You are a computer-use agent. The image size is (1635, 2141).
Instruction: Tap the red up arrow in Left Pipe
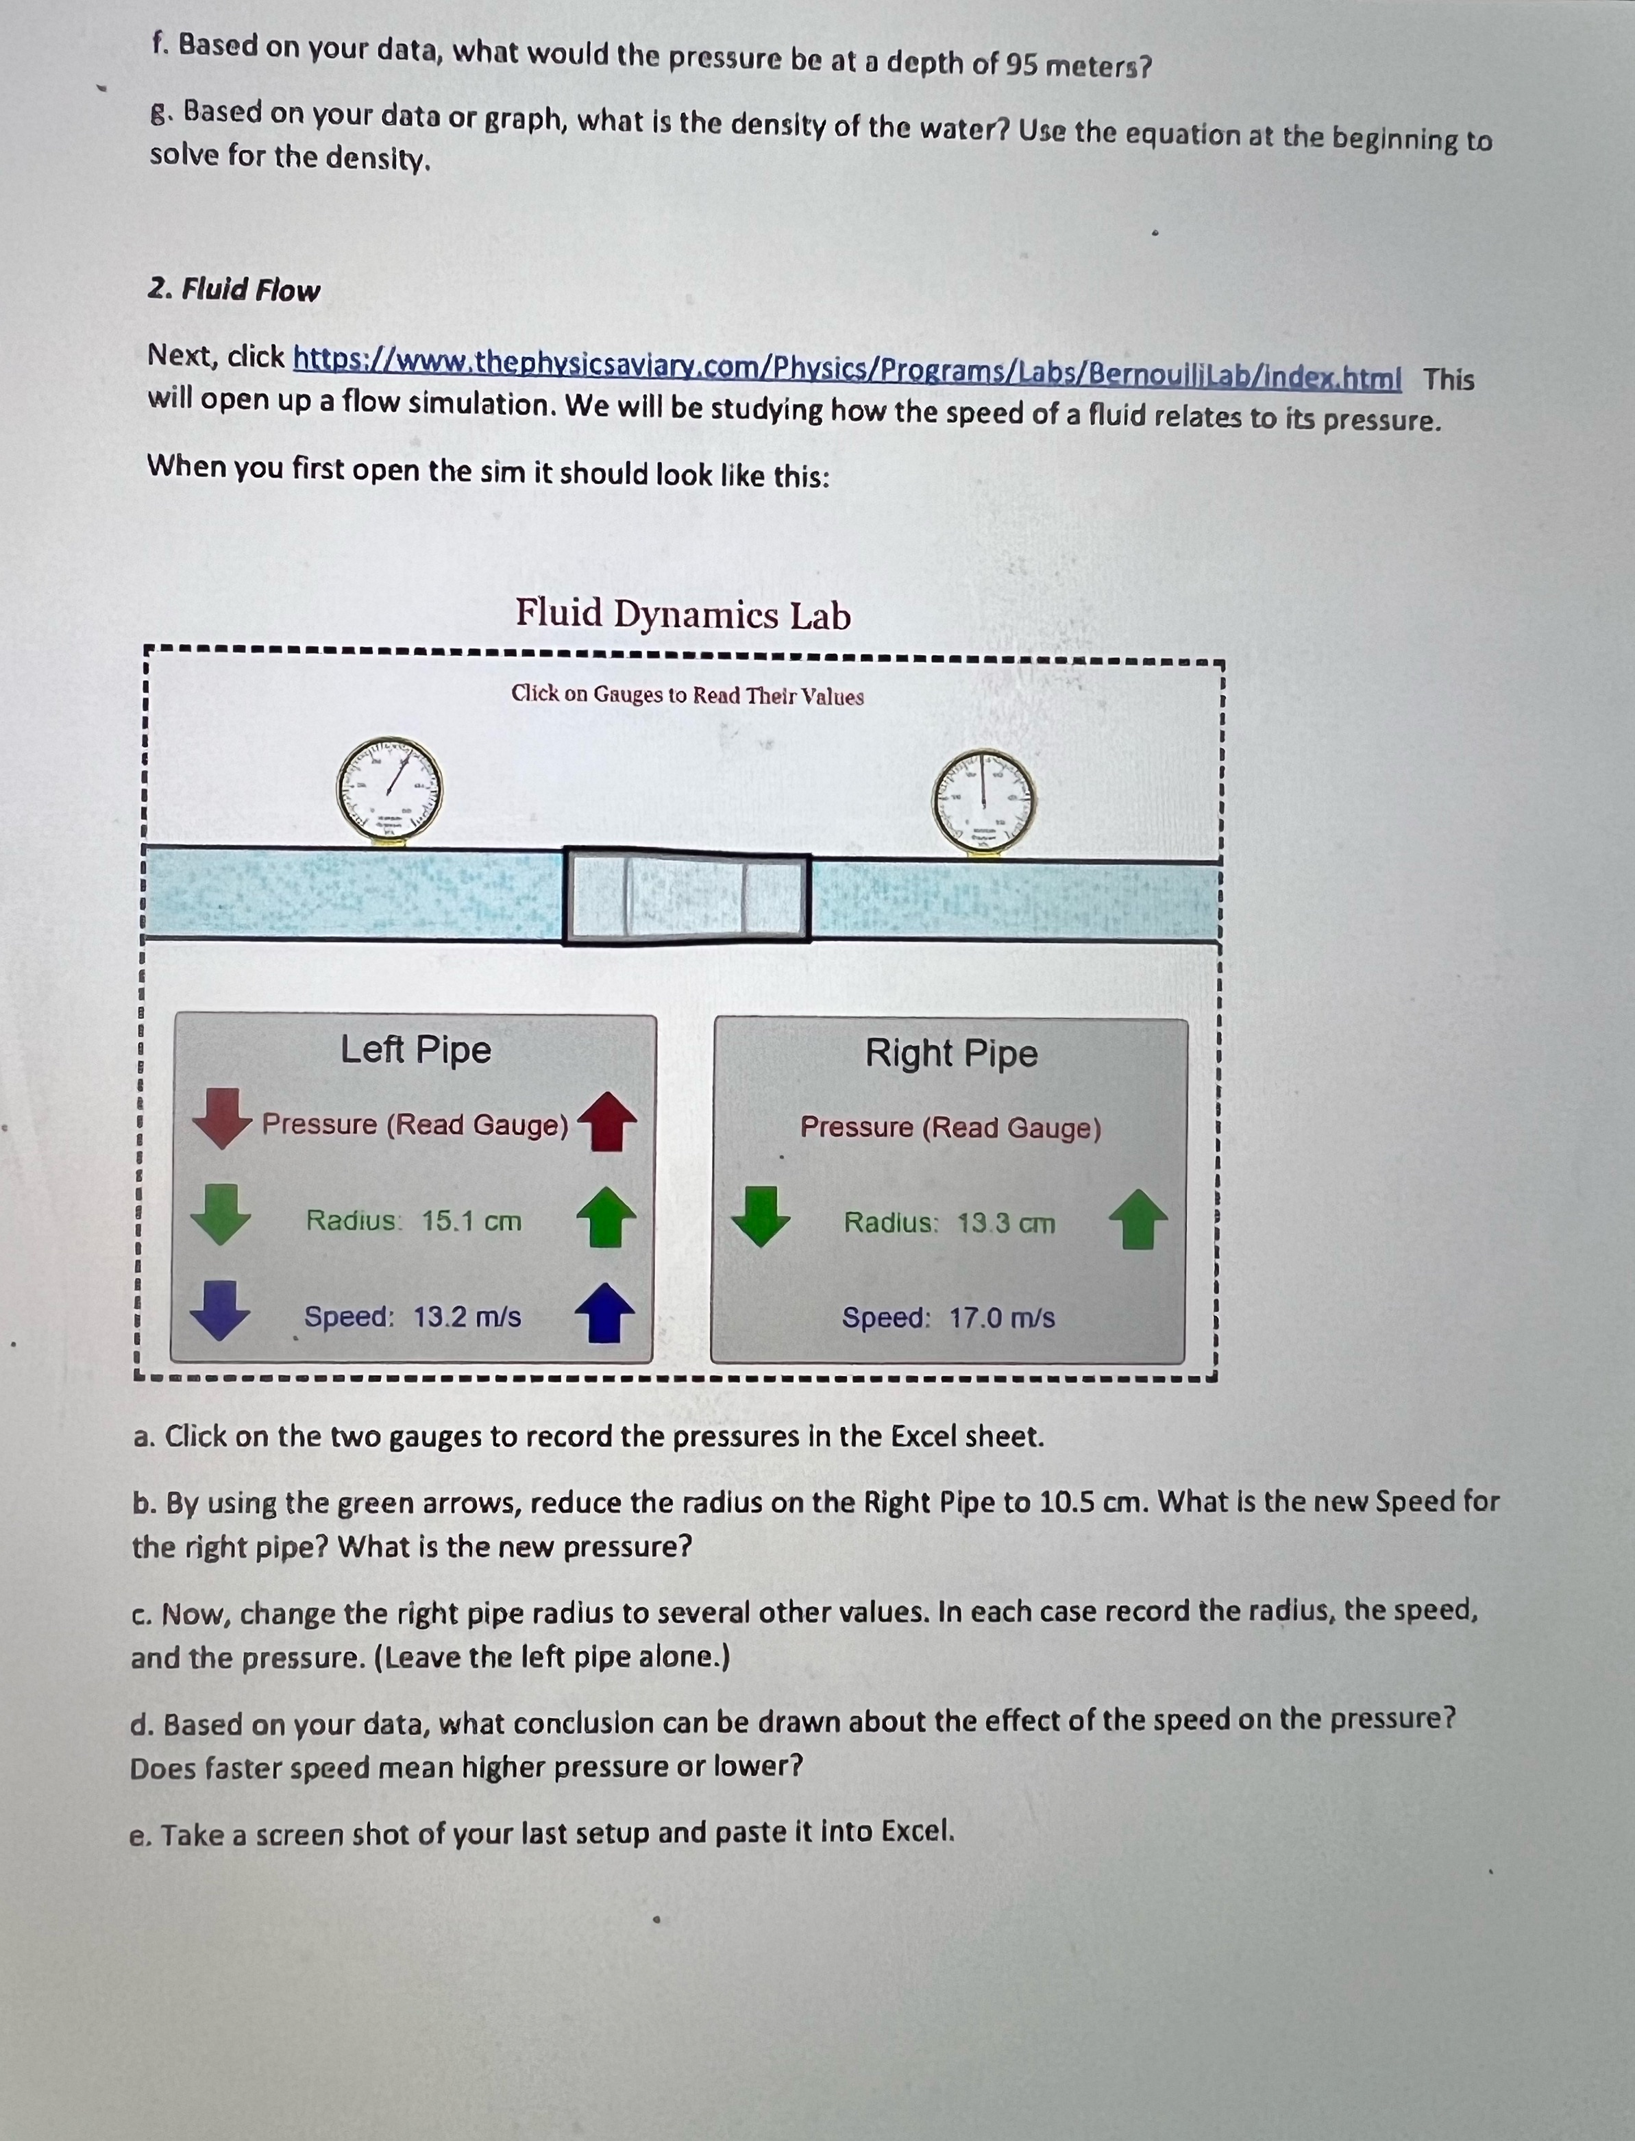607,1121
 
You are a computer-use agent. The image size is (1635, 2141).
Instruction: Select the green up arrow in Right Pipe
1138,1221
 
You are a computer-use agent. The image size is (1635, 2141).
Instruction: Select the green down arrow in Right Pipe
761,1216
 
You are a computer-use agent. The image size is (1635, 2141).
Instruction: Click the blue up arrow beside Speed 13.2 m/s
604,1313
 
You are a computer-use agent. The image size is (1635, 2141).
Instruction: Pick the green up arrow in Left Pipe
606,1216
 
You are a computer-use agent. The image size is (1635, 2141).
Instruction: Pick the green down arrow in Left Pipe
221,1214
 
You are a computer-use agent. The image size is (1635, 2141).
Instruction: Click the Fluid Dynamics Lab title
683,615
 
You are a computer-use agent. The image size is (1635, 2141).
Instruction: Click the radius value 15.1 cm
471,1221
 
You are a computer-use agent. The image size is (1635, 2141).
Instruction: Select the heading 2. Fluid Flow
234,290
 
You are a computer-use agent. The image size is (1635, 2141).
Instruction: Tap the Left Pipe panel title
415,1050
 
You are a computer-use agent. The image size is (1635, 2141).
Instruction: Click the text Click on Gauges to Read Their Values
687,695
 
